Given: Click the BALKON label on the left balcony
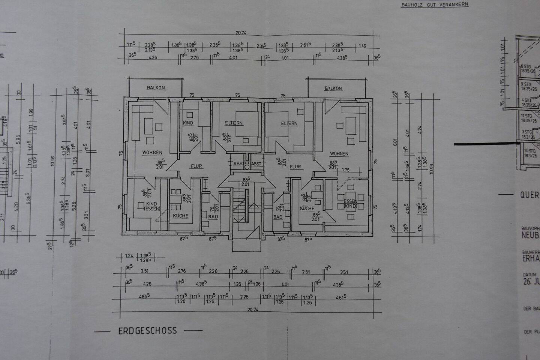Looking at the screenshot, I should click(156, 88).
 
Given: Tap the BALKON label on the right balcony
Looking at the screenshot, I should click(333, 88).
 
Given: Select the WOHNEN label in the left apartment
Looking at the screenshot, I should click(152, 153).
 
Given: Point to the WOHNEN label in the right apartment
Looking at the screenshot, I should click(339, 154).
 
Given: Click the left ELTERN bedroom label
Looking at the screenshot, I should click(234, 123).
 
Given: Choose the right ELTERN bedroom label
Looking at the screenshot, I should click(289, 123).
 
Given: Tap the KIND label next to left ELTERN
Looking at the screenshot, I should click(188, 123).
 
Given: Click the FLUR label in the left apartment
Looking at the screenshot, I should click(196, 166).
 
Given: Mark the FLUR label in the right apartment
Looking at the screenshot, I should click(295, 166).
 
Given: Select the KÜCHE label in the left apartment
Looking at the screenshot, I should click(180, 216).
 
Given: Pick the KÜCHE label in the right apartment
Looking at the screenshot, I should click(307, 208).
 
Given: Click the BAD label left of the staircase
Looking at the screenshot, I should click(213, 217).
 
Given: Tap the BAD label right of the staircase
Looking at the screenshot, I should click(277, 217).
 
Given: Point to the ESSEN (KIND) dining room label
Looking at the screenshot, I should click(350, 204).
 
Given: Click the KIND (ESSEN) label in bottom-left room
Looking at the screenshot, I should click(152, 206).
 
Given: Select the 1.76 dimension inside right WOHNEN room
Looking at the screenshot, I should click(345, 170).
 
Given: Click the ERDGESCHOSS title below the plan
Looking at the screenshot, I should click(147, 331).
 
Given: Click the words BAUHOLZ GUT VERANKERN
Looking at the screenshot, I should click(434, 5).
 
